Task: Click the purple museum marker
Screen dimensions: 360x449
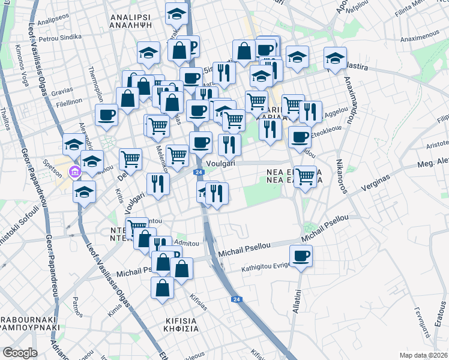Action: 74,173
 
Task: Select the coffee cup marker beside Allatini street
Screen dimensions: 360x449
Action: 301,257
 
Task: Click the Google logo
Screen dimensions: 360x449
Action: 20,353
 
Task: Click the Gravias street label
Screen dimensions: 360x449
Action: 61,93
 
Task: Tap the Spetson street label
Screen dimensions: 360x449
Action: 53,163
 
